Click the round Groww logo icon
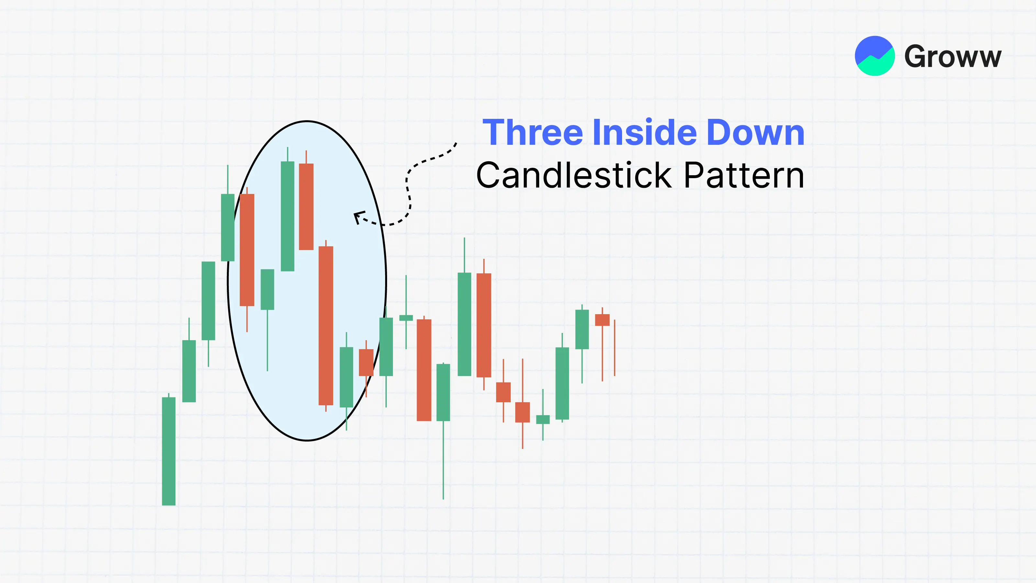(x=875, y=56)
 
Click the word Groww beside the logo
(x=953, y=57)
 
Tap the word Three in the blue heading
(x=532, y=132)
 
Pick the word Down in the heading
(x=756, y=132)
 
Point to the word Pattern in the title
(x=744, y=176)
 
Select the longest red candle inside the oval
(x=326, y=326)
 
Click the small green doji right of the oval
(x=406, y=318)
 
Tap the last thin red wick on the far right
(x=615, y=348)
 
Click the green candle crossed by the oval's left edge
(x=228, y=227)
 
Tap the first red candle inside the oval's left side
(x=247, y=250)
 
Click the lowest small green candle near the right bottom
(x=543, y=419)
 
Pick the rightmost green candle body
(x=582, y=329)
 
